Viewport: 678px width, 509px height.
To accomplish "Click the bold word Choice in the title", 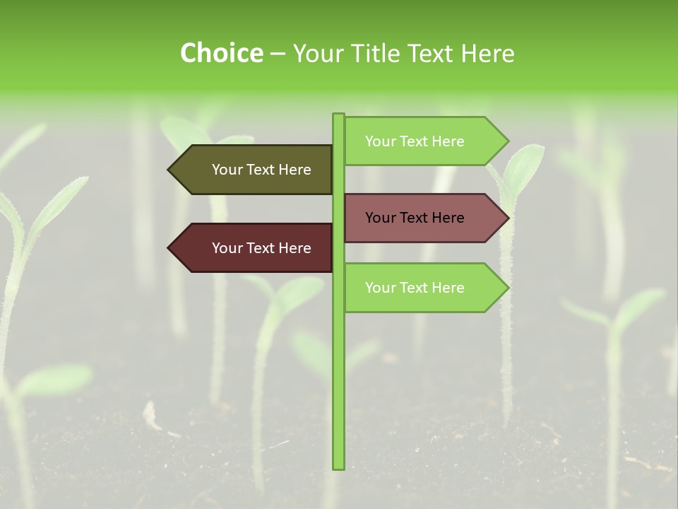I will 221,53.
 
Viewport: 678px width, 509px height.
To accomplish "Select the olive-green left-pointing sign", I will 254,170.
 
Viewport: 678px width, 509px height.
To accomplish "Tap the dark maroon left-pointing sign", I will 254,248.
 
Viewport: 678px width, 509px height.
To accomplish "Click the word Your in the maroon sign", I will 227,248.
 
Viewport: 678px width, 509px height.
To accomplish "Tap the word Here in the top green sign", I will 447,141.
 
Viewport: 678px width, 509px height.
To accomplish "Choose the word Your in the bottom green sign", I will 381,288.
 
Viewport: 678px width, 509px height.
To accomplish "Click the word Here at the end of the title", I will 487,53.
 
